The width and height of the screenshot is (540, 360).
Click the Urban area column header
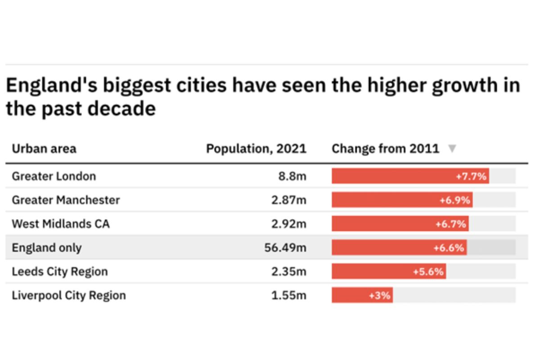[x=44, y=149]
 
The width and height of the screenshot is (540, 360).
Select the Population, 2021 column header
[x=256, y=149]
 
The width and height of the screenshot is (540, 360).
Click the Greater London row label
[x=54, y=176]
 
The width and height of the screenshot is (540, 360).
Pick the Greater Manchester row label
[x=66, y=200]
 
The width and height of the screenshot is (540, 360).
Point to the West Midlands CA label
[x=61, y=224]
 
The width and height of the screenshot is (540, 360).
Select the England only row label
[x=47, y=247]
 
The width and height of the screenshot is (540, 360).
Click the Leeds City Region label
[x=60, y=272]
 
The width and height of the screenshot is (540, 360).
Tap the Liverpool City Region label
[x=69, y=296]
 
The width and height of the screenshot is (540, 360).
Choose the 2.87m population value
[x=288, y=200]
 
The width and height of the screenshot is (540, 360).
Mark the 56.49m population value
[x=285, y=247]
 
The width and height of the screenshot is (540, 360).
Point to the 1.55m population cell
[x=288, y=296]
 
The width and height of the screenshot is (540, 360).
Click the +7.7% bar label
[x=471, y=176]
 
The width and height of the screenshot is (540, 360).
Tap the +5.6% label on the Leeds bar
[x=428, y=272]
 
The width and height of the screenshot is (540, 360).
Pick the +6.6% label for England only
[x=449, y=248]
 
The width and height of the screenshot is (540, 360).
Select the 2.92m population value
[x=288, y=224]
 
